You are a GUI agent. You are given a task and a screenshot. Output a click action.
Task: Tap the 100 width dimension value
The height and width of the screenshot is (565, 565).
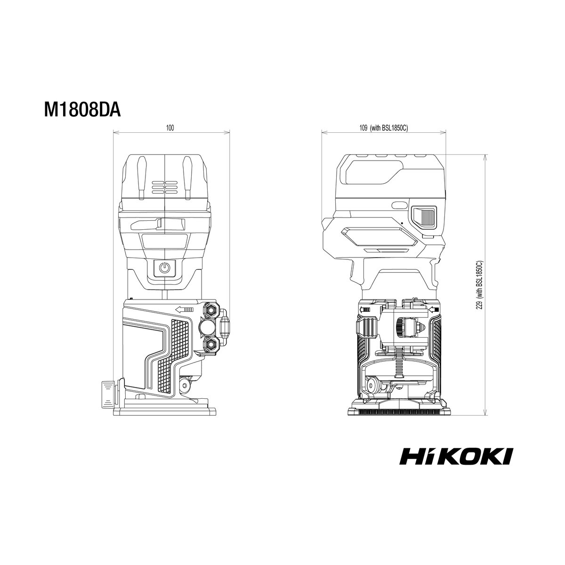click(170, 128)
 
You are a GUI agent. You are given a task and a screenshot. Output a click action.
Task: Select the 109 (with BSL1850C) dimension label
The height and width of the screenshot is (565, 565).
click(384, 128)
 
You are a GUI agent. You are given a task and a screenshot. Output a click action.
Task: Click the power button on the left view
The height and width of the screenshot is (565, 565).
click(165, 268)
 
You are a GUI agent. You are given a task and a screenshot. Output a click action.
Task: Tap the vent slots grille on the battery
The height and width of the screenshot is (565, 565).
click(164, 187)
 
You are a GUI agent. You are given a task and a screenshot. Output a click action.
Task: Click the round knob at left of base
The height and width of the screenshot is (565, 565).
click(108, 395)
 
